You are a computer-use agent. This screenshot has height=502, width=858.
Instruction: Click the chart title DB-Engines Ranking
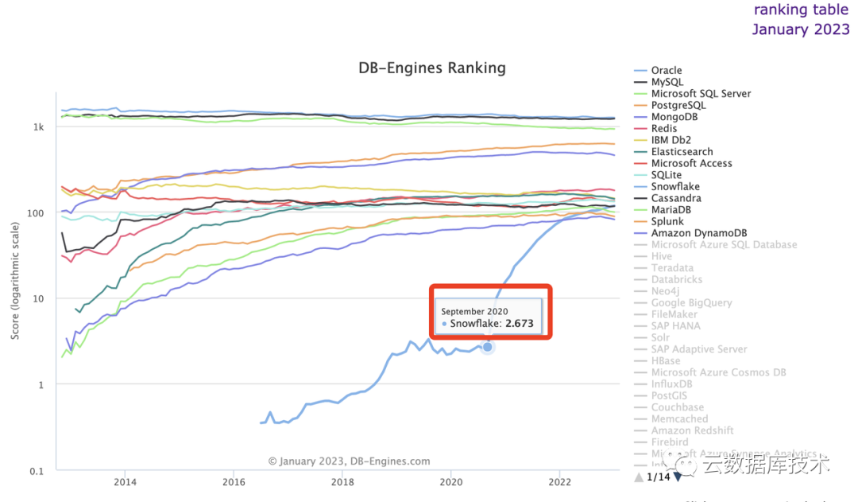click(x=432, y=68)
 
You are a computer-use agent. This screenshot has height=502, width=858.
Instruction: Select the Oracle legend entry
click(x=666, y=70)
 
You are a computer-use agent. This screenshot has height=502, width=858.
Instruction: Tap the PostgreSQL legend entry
click(x=678, y=105)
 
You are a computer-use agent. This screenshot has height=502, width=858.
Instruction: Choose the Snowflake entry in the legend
click(x=675, y=186)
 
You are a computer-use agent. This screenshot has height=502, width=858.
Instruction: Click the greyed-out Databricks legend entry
click(x=678, y=279)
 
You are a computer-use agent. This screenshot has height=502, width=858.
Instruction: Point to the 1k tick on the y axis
click(x=38, y=127)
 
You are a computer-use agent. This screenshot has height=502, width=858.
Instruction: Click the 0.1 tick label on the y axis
click(x=36, y=470)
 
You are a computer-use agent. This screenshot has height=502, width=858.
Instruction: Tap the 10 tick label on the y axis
click(x=37, y=298)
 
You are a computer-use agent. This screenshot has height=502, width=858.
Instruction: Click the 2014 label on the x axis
click(x=124, y=482)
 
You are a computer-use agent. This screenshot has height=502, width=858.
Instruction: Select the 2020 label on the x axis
click(x=451, y=482)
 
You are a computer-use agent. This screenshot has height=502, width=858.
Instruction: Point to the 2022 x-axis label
click(x=560, y=482)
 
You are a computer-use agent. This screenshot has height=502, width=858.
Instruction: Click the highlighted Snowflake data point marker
click(x=488, y=347)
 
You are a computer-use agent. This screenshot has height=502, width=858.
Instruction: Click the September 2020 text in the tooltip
click(x=474, y=310)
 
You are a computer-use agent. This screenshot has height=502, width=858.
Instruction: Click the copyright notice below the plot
click(x=349, y=461)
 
